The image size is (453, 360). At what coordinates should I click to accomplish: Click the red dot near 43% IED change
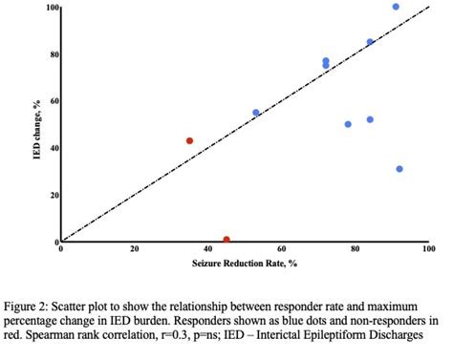click(x=189, y=140)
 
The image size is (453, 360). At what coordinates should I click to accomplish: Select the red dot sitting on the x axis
click(x=226, y=240)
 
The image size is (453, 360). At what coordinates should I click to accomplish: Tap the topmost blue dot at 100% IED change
click(x=396, y=7)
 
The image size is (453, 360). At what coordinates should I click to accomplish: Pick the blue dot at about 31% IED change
click(x=399, y=169)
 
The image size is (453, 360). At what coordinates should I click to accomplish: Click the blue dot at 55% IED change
click(x=256, y=113)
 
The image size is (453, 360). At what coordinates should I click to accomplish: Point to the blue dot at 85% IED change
click(x=370, y=42)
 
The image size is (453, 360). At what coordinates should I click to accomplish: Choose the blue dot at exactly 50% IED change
click(x=348, y=124)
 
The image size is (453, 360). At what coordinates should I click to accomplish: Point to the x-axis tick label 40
click(x=208, y=249)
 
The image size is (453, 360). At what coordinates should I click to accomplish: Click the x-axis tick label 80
click(x=356, y=249)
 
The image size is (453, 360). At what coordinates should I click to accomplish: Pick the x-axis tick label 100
click(x=427, y=249)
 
